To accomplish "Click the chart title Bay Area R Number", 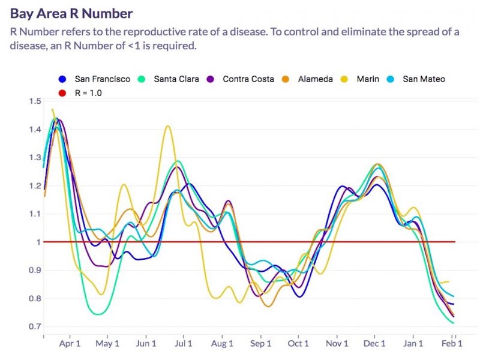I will point(71,13).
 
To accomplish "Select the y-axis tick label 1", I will point(37,242).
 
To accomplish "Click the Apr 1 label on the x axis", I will point(70,344).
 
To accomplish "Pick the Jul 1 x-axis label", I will point(183,344).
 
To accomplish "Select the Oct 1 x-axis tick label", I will point(298,344).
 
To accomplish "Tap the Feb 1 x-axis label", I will point(452,344).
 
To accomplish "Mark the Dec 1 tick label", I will point(375,344).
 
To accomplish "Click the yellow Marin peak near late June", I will point(167,126).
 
